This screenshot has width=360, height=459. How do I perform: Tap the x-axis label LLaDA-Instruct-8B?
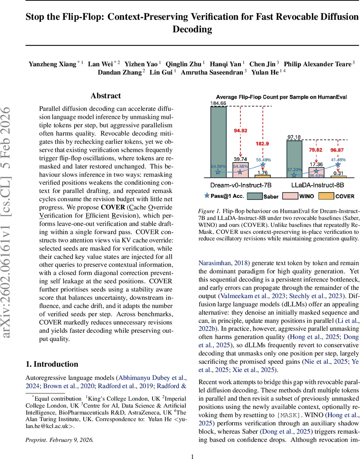click(x=315, y=185)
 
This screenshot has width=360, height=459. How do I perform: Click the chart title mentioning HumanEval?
click(x=281, y=97)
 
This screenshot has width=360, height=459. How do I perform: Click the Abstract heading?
click(x=105, y=96)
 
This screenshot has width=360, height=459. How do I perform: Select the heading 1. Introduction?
click(x=51, y=364)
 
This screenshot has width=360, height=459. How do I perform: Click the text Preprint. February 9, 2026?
click(x=59, y=429)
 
